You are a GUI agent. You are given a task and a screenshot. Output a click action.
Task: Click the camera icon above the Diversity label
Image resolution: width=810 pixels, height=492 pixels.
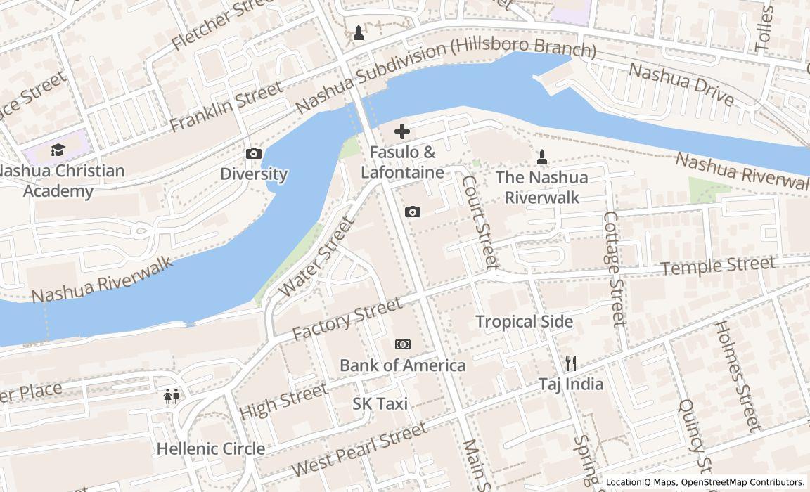(253, 154)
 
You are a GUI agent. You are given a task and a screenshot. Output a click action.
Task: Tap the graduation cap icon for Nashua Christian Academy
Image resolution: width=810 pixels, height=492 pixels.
(58, 150)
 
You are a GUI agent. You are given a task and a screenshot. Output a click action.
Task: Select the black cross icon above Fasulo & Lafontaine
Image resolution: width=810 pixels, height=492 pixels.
(402, 131)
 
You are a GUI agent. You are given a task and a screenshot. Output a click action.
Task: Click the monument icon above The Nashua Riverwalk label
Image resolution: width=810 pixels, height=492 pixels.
(541, 157)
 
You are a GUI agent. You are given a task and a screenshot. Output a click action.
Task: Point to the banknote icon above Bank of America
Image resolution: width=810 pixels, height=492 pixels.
(402, 344)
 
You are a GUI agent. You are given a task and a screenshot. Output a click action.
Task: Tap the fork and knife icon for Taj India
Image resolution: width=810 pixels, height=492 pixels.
(571, 363)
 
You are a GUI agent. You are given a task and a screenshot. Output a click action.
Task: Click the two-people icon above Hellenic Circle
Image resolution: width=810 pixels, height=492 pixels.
(171, 397)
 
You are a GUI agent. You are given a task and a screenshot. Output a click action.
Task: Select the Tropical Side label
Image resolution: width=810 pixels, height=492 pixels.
(524, 321)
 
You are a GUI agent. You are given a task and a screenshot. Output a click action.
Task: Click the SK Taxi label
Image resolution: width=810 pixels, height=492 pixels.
(380, 403)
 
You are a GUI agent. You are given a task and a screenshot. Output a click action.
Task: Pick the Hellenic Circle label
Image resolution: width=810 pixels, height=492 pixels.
(210, 448)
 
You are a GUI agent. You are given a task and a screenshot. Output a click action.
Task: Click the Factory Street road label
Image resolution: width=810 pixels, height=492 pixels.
(347, 318)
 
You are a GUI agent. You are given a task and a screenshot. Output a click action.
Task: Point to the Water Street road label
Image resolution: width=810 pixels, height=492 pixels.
(316, 257)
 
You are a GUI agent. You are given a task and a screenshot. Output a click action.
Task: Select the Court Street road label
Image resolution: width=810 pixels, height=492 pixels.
(480, 221)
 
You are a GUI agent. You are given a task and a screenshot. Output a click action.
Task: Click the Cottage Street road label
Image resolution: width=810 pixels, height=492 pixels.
(614, 269)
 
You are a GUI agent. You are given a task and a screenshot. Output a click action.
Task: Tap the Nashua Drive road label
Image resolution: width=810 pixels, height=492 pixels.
(681, 84)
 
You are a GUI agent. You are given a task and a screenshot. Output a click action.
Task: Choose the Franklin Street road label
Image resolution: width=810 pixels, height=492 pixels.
(226, 106)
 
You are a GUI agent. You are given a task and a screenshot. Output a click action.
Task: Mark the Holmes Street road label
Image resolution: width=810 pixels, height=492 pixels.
(736, 375)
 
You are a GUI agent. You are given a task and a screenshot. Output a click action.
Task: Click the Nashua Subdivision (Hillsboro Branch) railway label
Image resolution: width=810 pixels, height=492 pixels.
(445, 77)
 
